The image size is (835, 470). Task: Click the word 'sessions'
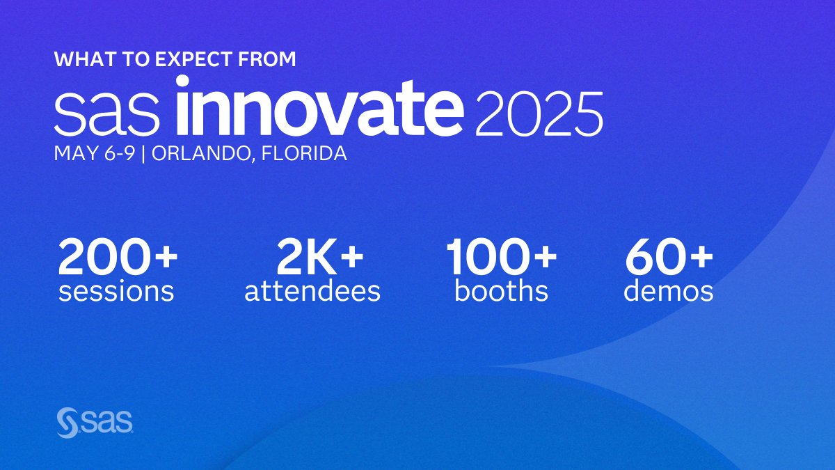(x=116, y=291)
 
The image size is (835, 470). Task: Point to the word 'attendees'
(x=312, y=291)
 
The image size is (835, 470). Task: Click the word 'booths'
(x=502, y=291)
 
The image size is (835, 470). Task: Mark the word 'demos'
(x=669, y=291)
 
